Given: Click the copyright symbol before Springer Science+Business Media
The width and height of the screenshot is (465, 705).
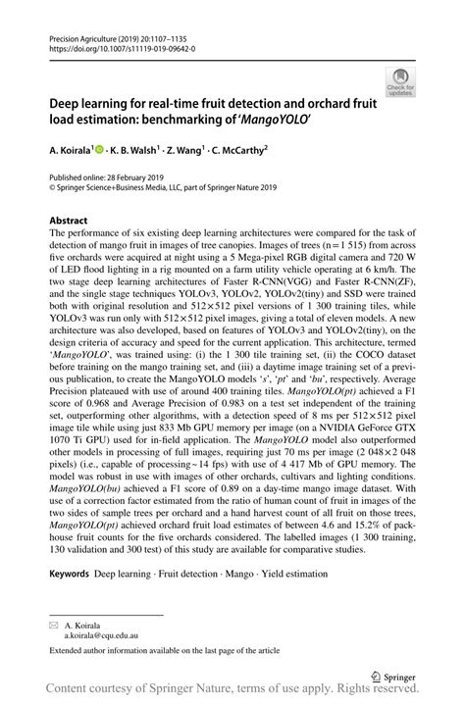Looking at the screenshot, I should point(52,189).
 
